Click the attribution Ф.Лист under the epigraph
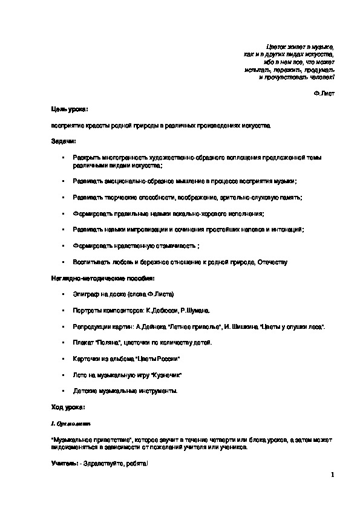[324, 94]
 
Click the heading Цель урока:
[69, 109]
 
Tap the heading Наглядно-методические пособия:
[102, 277]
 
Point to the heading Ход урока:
[68, 408]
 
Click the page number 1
[332, 475]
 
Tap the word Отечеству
[272, 262]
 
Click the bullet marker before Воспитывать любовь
[63, 262]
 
